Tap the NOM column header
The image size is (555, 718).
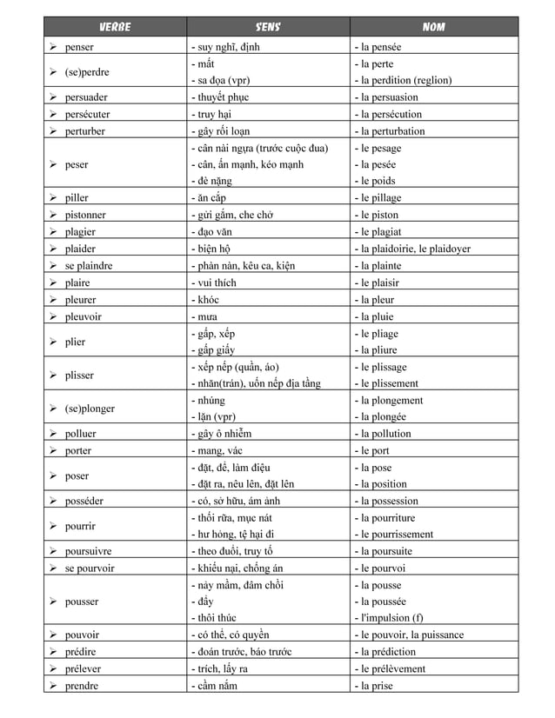433,26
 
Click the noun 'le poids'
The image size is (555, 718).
378,181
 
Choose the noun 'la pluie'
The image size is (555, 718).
377,316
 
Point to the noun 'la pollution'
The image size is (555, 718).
385,434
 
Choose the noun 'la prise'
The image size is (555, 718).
376,686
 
